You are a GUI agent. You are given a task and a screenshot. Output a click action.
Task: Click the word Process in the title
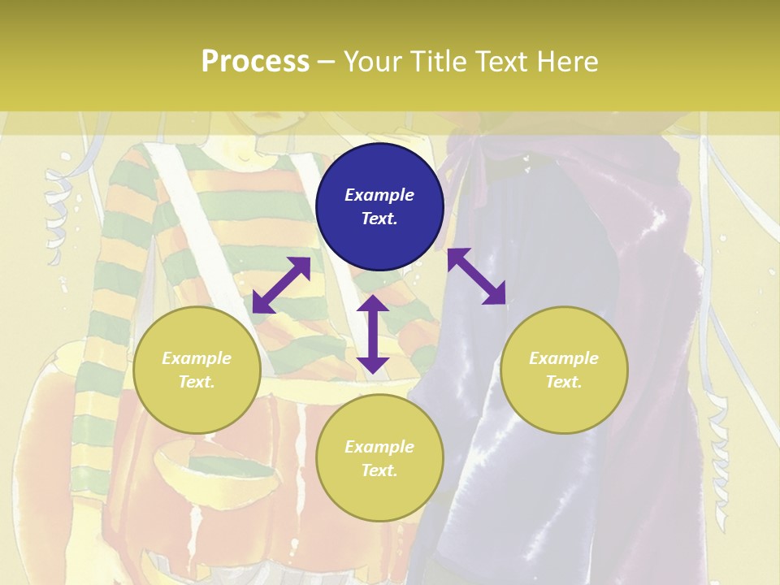click(x=255, y=62)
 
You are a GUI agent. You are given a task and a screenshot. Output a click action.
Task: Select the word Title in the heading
click(x=436, y=62)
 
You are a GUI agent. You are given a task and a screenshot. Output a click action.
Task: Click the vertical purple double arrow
click(x=373, y=334)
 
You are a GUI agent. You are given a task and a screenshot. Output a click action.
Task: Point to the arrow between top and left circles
click(x=281, y=285)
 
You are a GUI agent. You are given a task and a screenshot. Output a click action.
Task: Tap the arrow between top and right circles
click(x=476, y=276)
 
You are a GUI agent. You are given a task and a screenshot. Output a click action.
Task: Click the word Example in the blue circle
click(x=379, y=195)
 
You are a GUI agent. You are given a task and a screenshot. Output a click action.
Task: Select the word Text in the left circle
click(x=197, y=382)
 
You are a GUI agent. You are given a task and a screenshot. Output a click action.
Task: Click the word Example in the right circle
click(x=564, y=358)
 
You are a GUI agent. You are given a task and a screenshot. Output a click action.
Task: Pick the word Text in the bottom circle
click(x=379, y=470)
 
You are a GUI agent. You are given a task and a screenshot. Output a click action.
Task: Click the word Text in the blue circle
click(x=379, y=219)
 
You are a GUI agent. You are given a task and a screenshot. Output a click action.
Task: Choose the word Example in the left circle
click(x=197, y=358)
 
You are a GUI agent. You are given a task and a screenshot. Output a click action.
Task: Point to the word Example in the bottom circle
click(x=379, y=447)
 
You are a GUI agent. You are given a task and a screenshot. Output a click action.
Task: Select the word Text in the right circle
click(x=564, y=382)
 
